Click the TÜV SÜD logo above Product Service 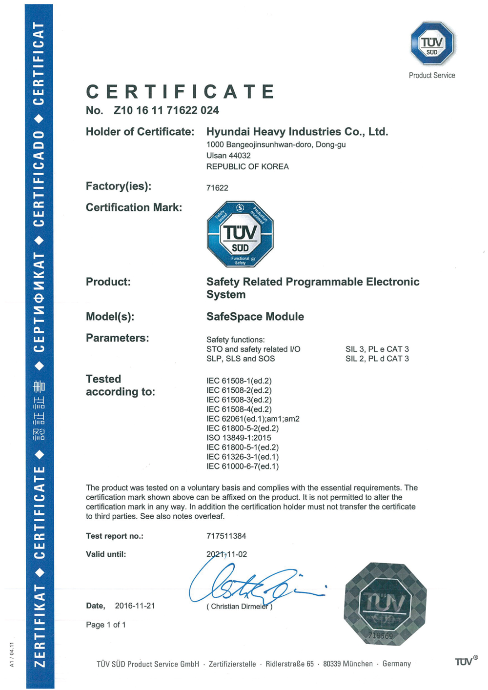pos(432,43)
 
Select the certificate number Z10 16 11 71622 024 pos(166,111)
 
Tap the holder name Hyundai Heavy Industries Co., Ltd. pos(297,132)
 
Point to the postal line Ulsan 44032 pos(228,156)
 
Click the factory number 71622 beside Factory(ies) pos(217,188)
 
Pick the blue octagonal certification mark pos(240,234)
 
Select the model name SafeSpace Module pos(255,317)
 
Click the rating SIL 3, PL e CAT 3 pos(377,349)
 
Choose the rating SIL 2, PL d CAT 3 pos(377,359)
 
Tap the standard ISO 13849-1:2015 pos(239,438)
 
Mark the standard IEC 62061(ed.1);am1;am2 pos(253,419)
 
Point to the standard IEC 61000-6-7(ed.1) pos(243,467)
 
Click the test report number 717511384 pos(226,536)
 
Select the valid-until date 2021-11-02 pos(226,554)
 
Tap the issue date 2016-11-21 pos(135,606)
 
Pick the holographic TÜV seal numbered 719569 pos(385,604)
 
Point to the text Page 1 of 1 pos(106,625)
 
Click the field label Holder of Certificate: pos(140,132)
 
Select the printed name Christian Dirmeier pos(239,607)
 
